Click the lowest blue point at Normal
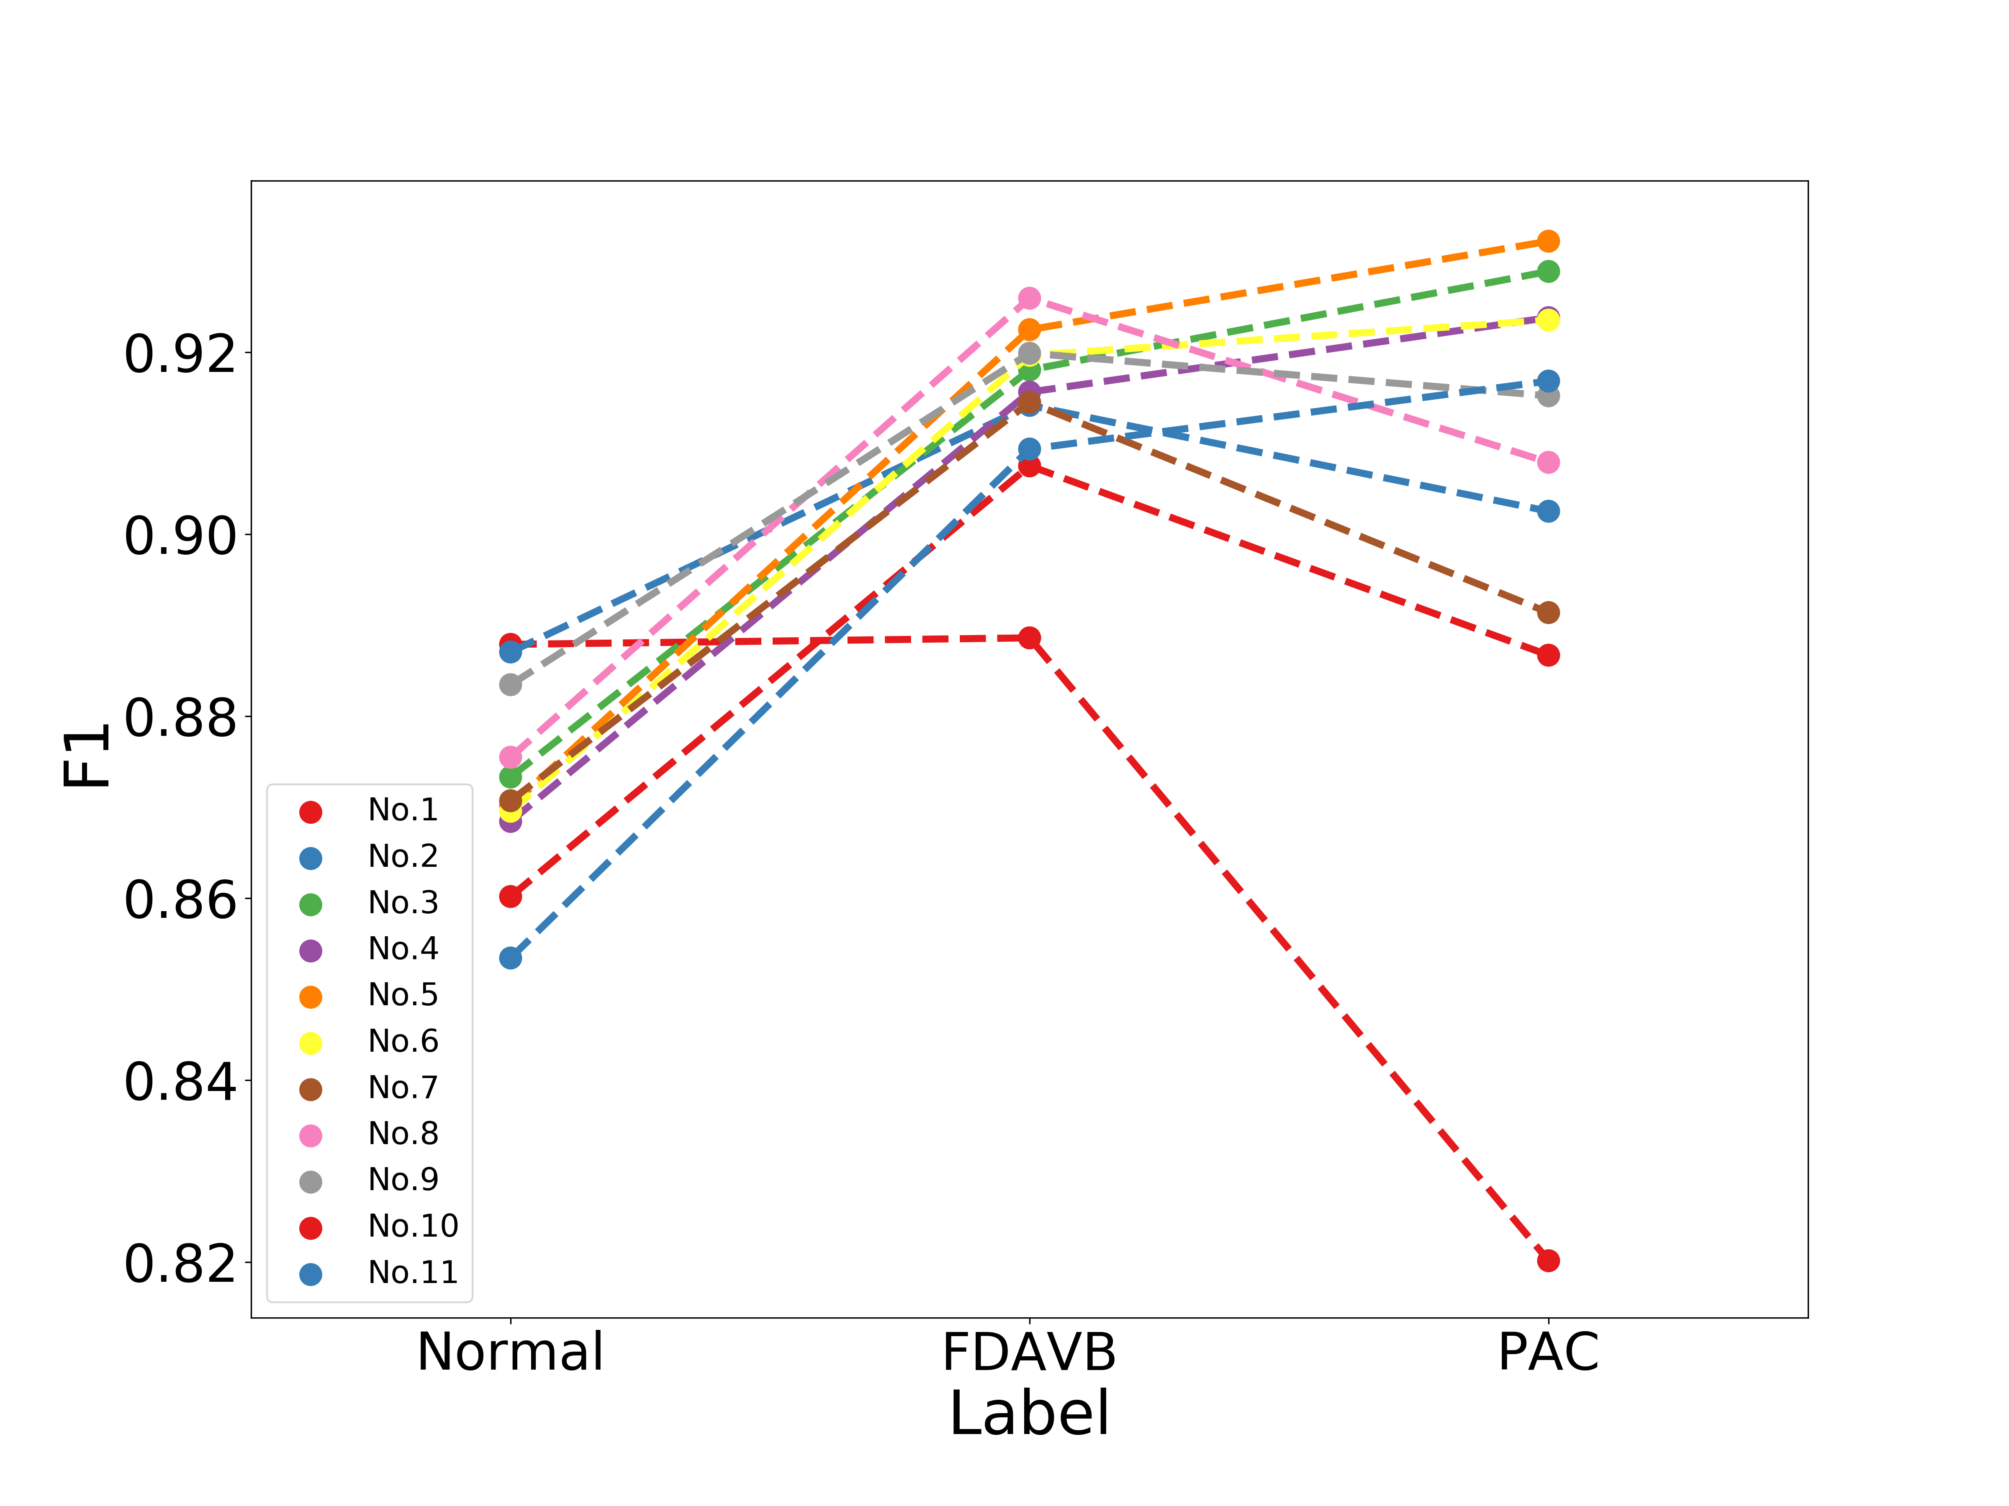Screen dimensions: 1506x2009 pos(511,958)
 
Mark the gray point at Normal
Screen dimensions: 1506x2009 pos(511,684)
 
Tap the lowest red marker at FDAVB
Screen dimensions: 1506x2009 pos(1029,638)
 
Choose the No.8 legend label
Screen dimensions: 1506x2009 pos(402,1134)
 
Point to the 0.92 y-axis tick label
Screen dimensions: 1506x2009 pos(180,354)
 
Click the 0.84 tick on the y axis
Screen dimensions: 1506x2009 pos(180,1082)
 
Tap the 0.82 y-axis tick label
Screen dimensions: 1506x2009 pos(180,1264)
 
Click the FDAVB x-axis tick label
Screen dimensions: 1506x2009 pos(1029,1352)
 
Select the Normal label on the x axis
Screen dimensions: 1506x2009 pos(511,1352)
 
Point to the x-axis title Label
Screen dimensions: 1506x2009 pos(1029,1414)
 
